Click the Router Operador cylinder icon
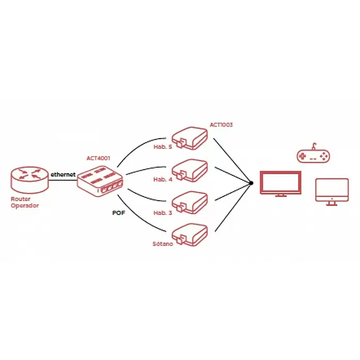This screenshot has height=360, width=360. [x=29, y=180]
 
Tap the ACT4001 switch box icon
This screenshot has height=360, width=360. [x=100, y=182]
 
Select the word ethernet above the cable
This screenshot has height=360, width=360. [x=63, y=174]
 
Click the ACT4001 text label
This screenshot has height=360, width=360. [x=98, y=158]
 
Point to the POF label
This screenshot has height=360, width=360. [x=118, y=213]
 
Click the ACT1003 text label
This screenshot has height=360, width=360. [x=221, y=125]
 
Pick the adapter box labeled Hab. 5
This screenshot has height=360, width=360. [x=190, y=138]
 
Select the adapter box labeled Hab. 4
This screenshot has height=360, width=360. [x=190, y=170]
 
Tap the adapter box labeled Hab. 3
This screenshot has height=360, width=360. [x=190, y=203]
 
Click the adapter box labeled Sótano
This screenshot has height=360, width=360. [x=190, y=235]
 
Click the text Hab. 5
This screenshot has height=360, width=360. [x=163, y=147]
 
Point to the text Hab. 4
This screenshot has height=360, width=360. [x=163, y=179]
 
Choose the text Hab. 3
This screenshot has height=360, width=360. [x=163, y=213]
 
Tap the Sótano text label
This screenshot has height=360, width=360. [x=163, y=244]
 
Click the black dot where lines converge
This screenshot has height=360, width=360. [x=251, y=183]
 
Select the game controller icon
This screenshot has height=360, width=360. [x=313, y=154]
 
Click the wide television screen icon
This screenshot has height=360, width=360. [x=280, y=184]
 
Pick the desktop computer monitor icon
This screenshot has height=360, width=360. [x=332, y=192]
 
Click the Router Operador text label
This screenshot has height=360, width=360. [x=25, y=202]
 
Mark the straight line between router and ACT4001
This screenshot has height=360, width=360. [x=63, y=180]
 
